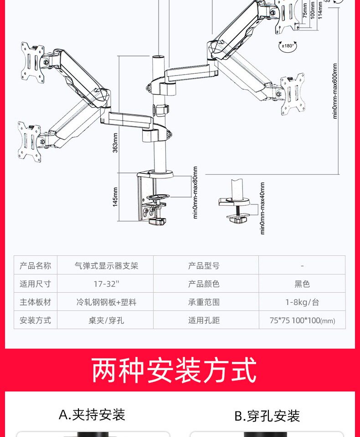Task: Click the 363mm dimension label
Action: pos(115,143)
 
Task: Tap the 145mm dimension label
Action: pos(115,197)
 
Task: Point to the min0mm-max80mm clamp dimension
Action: pos(195,192)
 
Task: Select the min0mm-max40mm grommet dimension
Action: pos(262,208)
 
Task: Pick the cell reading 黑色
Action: pos(302,284)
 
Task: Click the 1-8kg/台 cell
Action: pos(302,302)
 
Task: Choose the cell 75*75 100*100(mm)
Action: pos(302,320)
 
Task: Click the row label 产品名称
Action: pos(35,265)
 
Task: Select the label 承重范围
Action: pos(204,302)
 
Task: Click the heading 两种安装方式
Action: pos(174,370)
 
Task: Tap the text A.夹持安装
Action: pos(92,415)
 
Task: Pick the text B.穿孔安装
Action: pos(267,416)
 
